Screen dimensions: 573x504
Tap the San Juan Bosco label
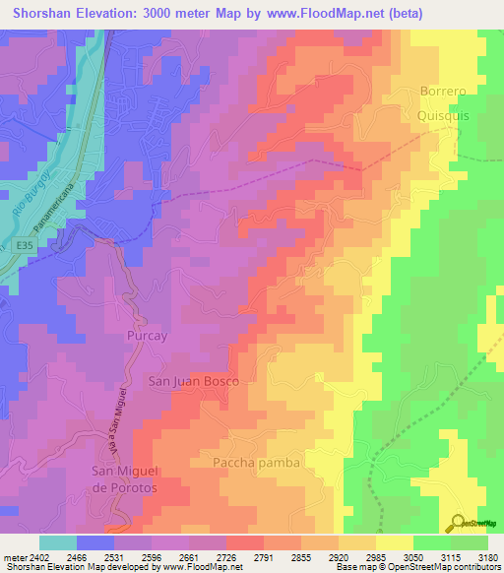point(193,380)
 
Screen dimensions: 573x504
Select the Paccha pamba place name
point(255,462)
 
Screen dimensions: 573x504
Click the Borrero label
point(448,92)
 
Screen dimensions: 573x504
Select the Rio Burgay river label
point(31,193)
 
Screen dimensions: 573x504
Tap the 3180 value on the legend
point(487,557)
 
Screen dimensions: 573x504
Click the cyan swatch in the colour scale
point(58,542)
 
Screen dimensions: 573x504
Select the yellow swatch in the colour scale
point(395,542)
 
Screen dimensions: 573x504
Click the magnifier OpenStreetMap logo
point(455,522)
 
